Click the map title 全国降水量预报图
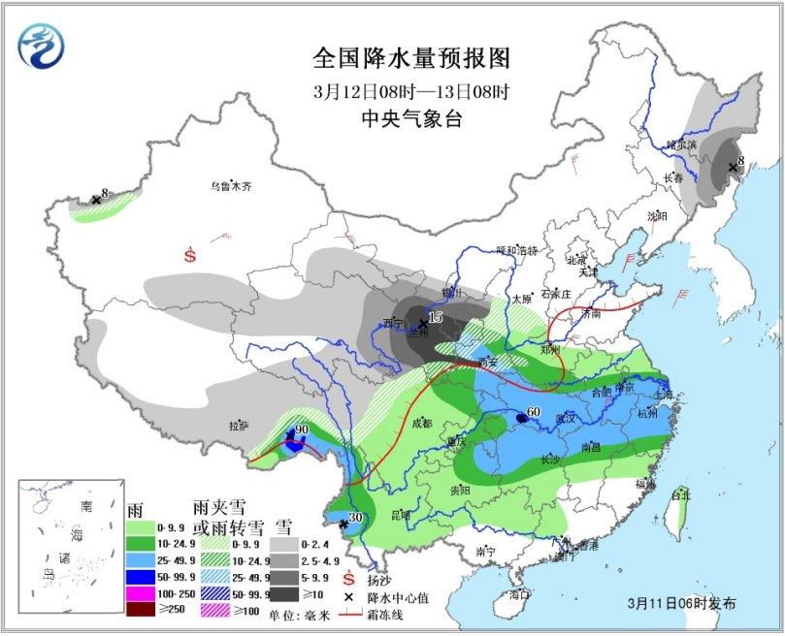pos(411,58)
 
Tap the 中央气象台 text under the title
pos(411,121)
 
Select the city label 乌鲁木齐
pos(231,186)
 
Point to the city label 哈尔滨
pos(681,144)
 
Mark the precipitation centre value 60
pos(533,414)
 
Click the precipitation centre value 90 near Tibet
pos(302,430)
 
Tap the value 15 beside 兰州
pos(435,317)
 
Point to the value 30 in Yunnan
pos(355,518)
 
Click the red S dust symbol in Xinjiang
pos(190,256)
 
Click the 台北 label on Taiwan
pos(687,495)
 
